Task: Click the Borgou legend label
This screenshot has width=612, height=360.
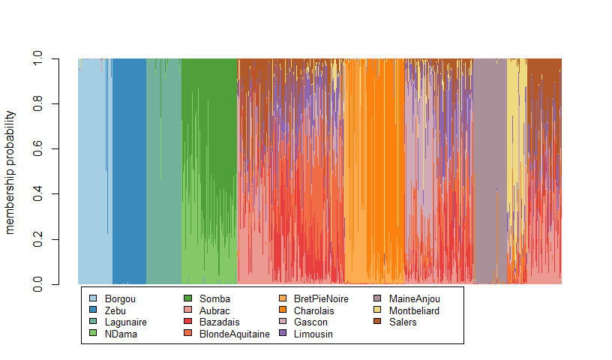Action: coord(119,298)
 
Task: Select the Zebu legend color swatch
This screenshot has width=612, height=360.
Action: coord(93,310)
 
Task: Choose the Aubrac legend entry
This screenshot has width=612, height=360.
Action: coord(214,310)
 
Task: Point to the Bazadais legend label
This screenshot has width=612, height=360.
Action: coord(219,322)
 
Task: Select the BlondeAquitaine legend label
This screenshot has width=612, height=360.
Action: coord(234,334)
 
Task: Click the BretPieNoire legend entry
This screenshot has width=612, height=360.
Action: coord(320,298)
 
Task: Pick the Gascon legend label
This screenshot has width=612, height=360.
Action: coord(310,322)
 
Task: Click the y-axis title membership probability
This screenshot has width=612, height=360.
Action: coord(10,172)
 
